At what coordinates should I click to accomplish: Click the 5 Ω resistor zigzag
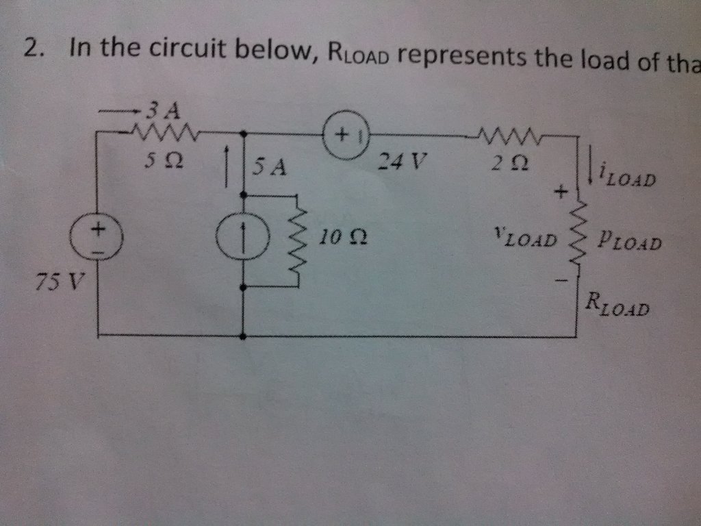[164, 129]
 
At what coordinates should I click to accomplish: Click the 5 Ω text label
[163, 162]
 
